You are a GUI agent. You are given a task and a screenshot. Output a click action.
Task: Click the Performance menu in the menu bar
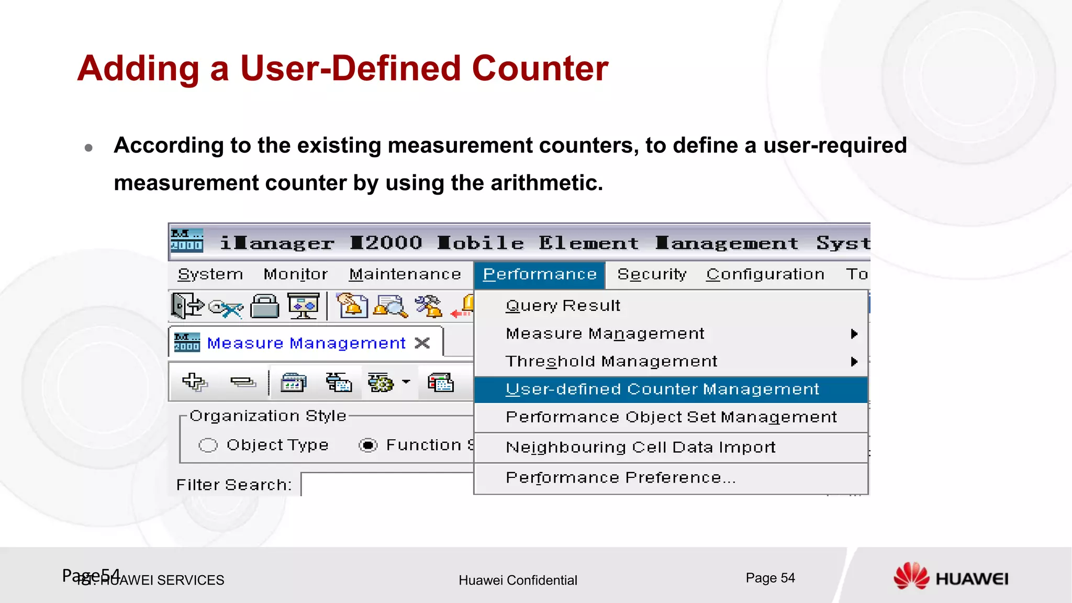(x=539, y=274)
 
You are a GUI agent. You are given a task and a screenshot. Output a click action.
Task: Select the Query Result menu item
(x=563, y=305)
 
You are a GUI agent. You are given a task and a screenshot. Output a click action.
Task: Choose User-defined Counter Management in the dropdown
(x=662, y=389)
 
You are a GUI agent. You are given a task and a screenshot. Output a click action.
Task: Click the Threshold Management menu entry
(x=611, y=361)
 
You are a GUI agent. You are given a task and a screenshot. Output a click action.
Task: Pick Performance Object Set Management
(x=671, y=417)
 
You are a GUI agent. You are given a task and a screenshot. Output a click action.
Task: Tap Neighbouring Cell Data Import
(x=640, y=448)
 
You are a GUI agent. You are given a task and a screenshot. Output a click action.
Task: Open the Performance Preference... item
(x=620, y=478)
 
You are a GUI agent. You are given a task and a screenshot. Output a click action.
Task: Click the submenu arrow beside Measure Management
(x=854, y=334)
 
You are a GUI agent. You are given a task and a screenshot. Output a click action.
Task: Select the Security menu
(x=652, y=274)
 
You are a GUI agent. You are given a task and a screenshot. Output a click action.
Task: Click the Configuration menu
(x=765, y=274)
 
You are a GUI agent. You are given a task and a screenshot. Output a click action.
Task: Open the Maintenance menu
(x=405, y=274)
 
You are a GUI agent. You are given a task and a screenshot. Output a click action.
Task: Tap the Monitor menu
(x=295, y=274)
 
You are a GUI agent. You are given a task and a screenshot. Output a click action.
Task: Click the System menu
(x=210, y=274)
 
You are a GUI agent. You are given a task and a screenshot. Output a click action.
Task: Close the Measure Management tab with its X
(x=422, y=343)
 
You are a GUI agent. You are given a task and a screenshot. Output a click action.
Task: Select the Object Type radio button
(x=208, y=445)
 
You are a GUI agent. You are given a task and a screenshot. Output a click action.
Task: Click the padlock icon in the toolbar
(x=265, y=306)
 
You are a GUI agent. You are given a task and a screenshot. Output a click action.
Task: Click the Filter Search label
(x=233, y=485)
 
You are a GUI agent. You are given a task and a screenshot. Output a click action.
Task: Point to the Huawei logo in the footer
(x=950, y=577)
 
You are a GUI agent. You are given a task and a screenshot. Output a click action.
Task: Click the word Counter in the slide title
(x=540, y=69)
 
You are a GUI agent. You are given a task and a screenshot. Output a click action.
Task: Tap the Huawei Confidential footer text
(x=518, y=580)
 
